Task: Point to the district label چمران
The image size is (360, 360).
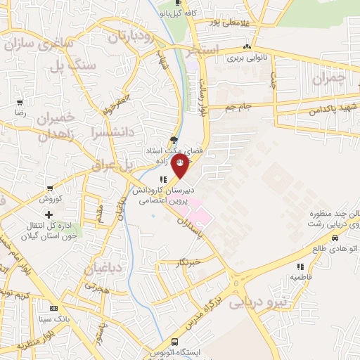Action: (x=330, y=79)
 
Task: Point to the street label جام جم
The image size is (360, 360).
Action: (x=239, y=107)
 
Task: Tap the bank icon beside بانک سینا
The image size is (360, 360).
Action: (x=53, y=309)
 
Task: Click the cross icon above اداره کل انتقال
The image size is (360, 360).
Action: (x=49, y=214)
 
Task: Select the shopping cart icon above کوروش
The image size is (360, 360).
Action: (x=49, y=188)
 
